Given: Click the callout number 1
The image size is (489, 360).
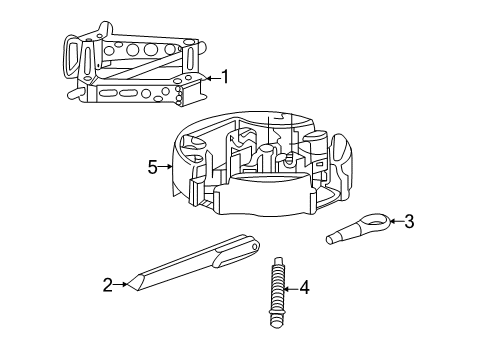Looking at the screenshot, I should pyautogui.click(x=225, y=77).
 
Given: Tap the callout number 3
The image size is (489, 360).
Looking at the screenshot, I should pyautogui.click(x=408, y=222).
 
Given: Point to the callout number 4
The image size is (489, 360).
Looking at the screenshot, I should pyautogui.click(x=304, y=288).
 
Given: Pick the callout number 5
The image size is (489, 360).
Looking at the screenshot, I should pyautogui.click(x=153, y=167).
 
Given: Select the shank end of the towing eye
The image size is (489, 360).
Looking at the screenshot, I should pyautogui.click(x=334, y=237).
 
